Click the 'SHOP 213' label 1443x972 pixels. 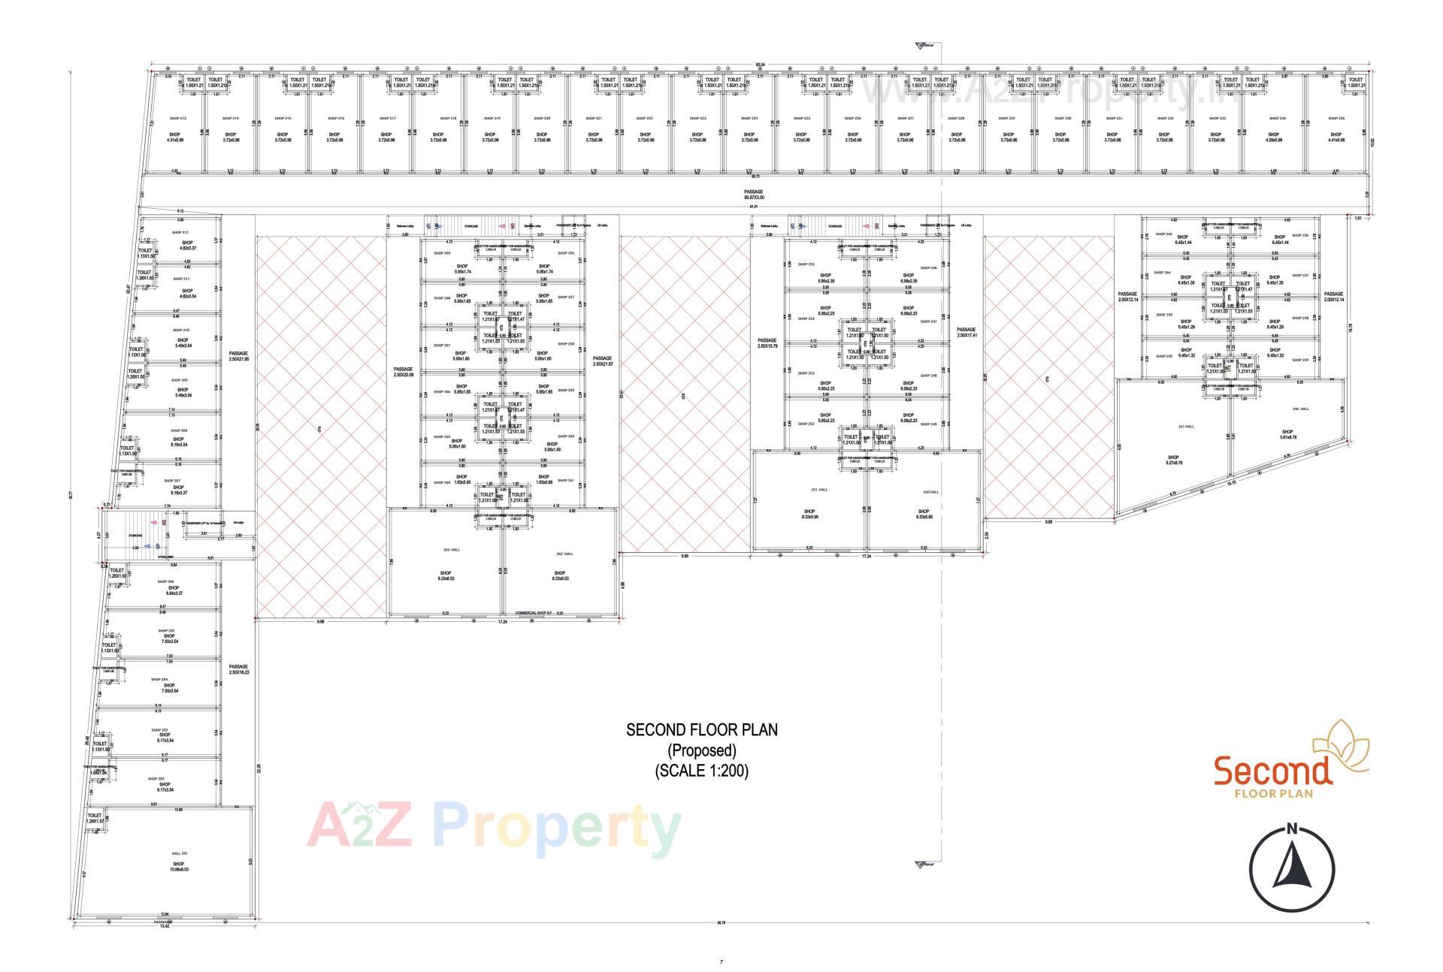pos(178,118)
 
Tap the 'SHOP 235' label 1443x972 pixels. pos(1336,118)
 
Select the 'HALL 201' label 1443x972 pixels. pos(179,853)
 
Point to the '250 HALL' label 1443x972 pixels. pos(930,492)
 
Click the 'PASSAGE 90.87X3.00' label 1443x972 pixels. pos(753,195)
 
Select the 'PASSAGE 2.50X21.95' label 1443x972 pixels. pos(238,356)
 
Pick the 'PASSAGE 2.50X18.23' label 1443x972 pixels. pos(238,669)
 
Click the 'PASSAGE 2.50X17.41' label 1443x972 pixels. pos(966,332)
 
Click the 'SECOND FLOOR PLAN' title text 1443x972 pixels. pos(702,729)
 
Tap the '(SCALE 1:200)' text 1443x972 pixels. pos(702,771)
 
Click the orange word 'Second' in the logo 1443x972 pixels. pos(1273,771)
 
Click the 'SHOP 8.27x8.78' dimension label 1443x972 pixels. pos(1173,460)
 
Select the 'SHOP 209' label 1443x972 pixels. pos(180,380)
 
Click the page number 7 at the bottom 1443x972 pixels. pos(721,961)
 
